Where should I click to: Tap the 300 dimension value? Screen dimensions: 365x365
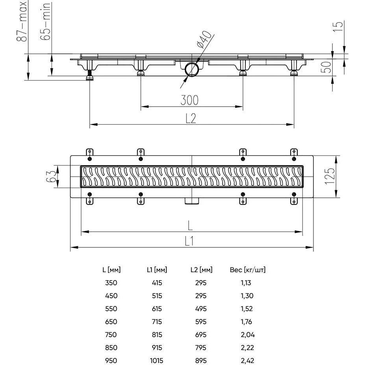tap(190, 100)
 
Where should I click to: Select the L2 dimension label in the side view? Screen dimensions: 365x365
tap(191, 118)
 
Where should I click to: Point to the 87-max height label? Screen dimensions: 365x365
tap(22, 21)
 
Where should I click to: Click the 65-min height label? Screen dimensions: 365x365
tap(45, 21)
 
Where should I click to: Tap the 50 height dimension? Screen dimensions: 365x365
tap(326, 67)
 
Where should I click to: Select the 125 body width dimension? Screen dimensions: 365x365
tap(330, 176)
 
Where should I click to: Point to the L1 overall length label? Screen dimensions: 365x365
tap(189, 241)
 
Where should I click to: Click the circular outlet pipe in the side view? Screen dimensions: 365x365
tap(192, 69)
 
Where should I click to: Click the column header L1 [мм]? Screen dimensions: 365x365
tap(157, 270)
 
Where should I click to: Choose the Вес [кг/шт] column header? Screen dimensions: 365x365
tap(248, 270)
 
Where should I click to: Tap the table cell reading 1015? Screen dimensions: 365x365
tap(157, 361)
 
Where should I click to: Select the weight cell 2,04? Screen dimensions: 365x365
tap(248, 335)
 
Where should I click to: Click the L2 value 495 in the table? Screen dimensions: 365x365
tap(201, 309)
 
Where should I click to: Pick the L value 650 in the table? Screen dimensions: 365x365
tap(111, 322)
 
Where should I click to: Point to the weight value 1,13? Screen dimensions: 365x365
tap(246, 283)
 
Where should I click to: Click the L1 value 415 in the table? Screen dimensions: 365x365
tap(157, 283)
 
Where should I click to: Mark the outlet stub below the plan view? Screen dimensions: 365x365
tap(192, 201)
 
